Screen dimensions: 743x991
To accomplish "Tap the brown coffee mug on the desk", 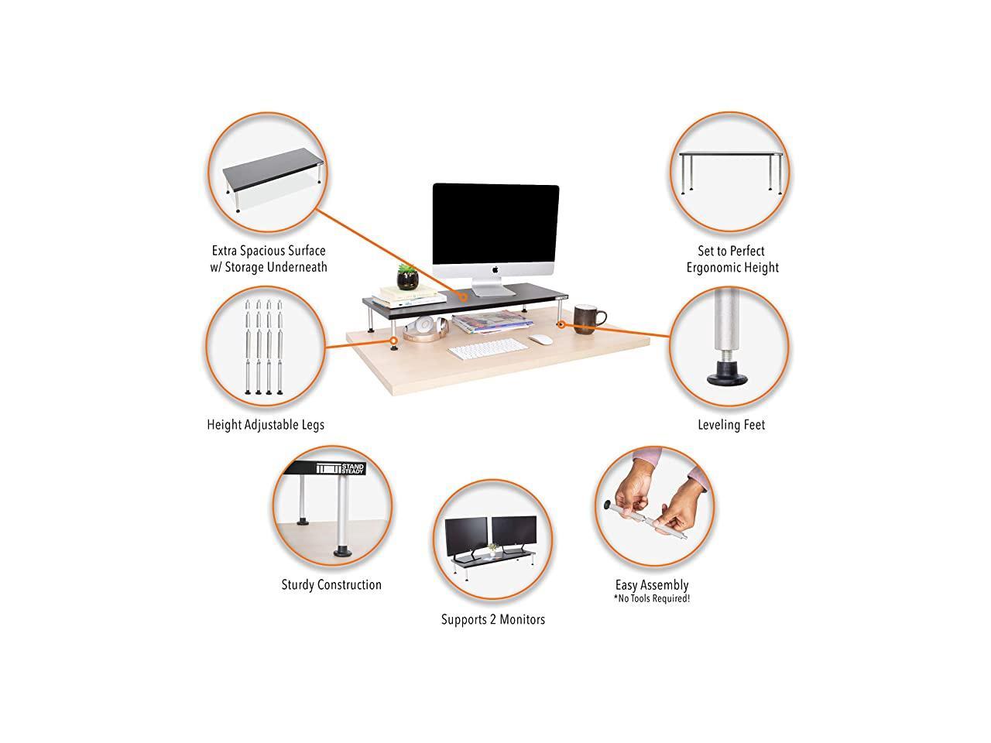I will tap(589, 318).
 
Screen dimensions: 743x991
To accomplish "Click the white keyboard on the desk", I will tap(485, 351).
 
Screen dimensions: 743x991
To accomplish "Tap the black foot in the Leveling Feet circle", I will tap(729, 378).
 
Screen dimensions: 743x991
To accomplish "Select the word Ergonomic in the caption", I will tap(720, 268).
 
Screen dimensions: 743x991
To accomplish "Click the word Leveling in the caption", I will tap(716, 425).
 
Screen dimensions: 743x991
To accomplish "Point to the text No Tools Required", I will tap(651, 598).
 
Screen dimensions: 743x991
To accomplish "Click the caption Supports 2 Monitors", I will tap(493, 619).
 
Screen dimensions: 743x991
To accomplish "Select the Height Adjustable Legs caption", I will tap(266, 425).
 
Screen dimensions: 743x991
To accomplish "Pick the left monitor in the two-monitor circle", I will tap(467, 533).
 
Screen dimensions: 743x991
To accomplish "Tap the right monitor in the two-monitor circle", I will tap(514, 531).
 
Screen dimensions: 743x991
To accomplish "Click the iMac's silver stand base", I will tap(495, 292).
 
